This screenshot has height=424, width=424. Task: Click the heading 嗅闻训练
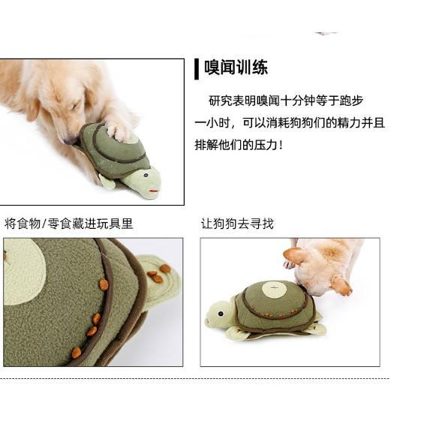(236, 68)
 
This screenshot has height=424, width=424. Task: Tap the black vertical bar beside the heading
(197, 68)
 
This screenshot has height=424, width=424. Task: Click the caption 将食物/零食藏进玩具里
(68, 224)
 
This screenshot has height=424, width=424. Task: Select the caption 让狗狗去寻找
(237, 224)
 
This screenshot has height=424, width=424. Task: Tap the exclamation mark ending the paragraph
(281, 145)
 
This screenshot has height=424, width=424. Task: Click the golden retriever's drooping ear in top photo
(32, 104)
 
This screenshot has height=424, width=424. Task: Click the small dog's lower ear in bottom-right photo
(340, 284)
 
